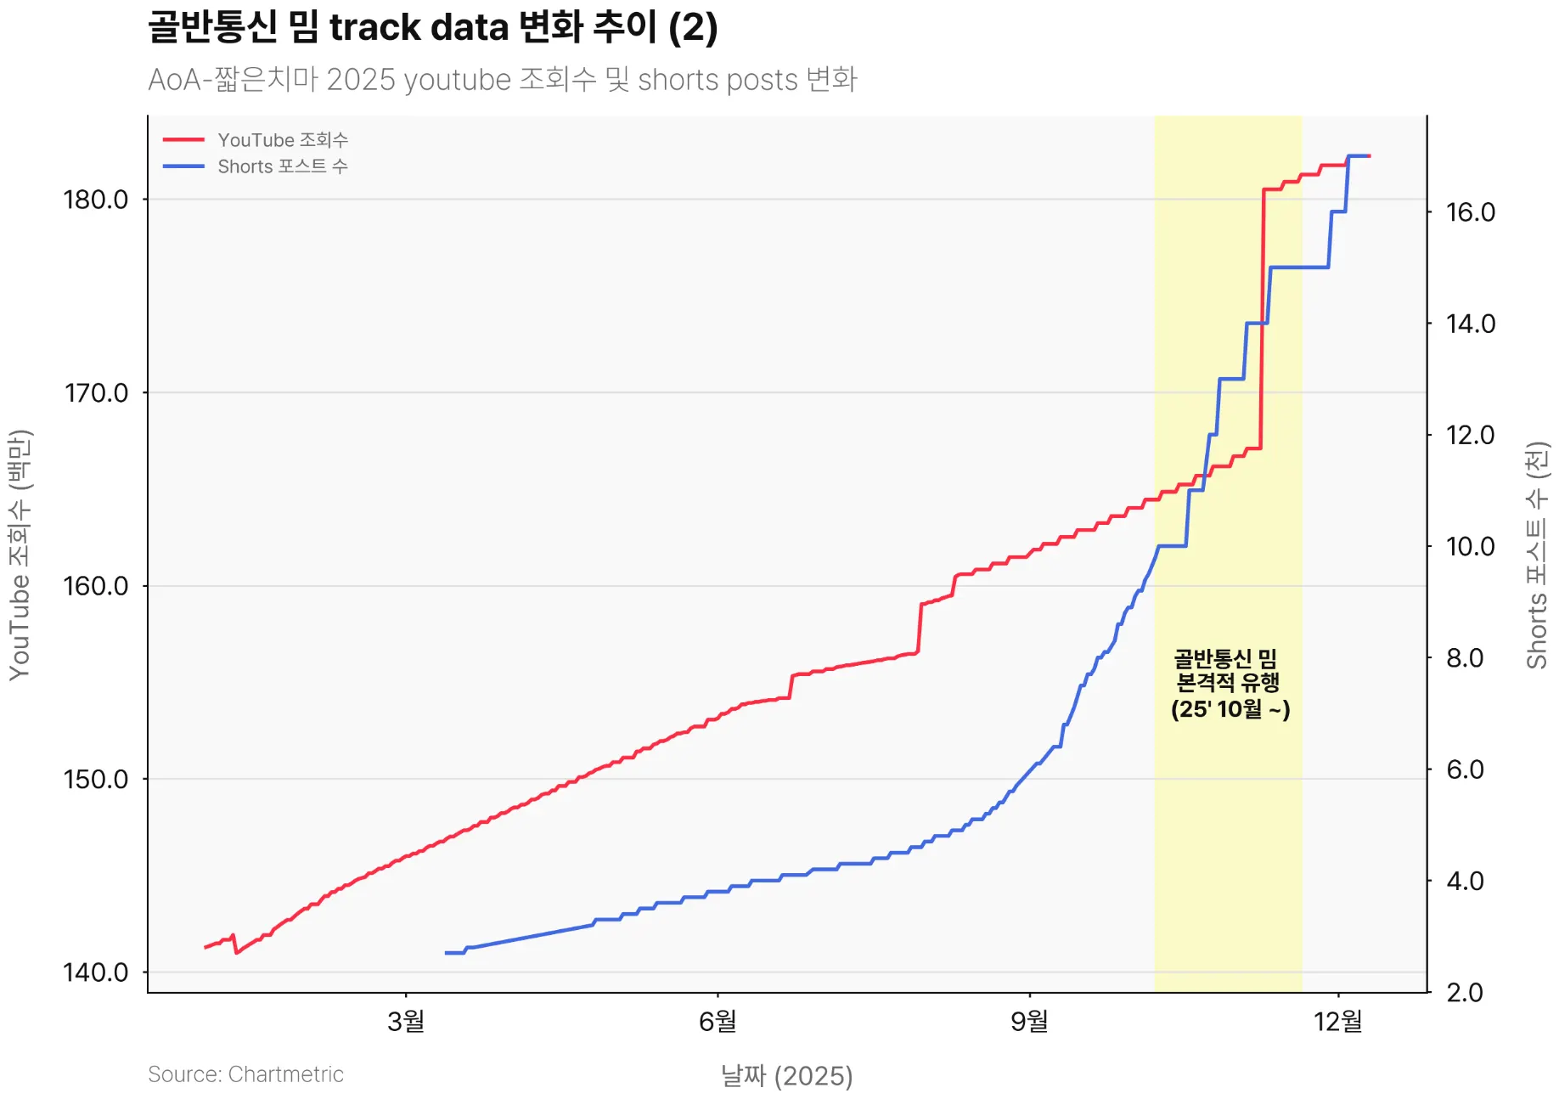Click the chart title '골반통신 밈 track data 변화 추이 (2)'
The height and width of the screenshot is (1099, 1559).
click(x=432, y=27)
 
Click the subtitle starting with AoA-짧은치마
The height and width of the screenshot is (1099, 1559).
click(x=502, y=80)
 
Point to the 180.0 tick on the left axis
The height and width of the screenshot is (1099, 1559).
click(x=96, y=200)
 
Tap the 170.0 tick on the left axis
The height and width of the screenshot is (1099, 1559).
click(x=96, y=393)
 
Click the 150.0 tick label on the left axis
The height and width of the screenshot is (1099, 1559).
click(x=96, y=780)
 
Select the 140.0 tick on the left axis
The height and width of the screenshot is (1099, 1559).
click(x=96, y=972)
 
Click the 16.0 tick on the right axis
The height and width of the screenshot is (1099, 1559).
click(x=1470, y=212)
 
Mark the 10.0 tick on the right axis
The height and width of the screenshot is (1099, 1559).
click(x=1470, y=546)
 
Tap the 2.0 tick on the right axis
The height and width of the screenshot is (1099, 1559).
click(x=1464, y=993)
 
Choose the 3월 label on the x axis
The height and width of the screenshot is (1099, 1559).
click(x=406, y=1021)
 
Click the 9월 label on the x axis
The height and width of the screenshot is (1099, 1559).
click(x=1029, y=1021)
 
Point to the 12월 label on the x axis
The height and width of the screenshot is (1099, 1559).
click(x=1338, y=1021)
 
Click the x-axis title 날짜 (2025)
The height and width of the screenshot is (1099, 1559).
click(x=786, y=1076)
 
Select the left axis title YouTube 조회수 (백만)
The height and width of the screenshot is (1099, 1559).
click(x=20, y=555)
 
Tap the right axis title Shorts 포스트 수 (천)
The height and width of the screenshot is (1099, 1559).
click(x=1537, y=555)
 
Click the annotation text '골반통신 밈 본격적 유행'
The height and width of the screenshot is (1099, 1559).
click(x=1228, y=671)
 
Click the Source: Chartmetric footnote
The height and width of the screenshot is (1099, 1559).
click(x=245, y=1074)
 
